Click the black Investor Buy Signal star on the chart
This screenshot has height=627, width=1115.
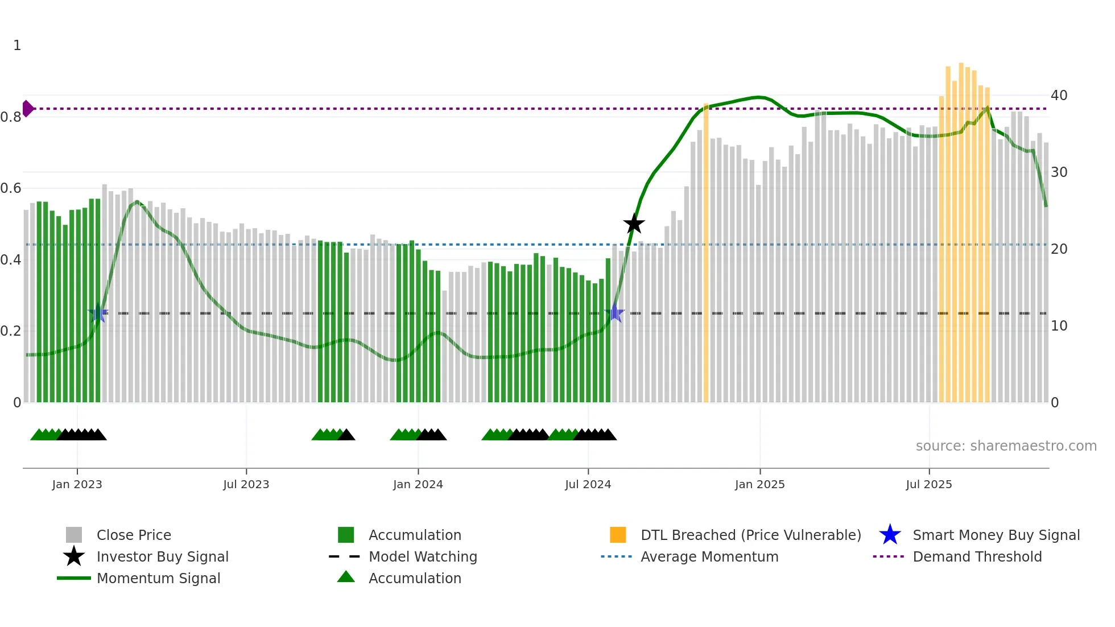click(x=634, y=224)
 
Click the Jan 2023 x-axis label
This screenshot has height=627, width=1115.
click(x=77, y=484)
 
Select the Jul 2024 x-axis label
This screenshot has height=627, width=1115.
click(x=588, y=484)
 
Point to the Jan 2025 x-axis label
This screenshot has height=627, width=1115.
click(x=759, y=484)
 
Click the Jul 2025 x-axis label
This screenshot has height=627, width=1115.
click(x=928, y=484)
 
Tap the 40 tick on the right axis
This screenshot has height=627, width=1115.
click(x=1059, y=95)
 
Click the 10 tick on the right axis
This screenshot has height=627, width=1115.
click(x=1059, y=326)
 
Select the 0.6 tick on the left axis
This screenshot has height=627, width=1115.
click(x=11, y=188)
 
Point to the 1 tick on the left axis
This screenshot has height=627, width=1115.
click(x=17, y=46)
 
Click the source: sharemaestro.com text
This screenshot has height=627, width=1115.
click(x=1006, y=446)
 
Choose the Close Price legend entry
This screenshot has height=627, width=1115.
click(x=134, y=535)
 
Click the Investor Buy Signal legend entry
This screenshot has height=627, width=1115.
click(x=162, y=556)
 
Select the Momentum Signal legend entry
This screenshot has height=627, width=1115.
click(x=158, y=578)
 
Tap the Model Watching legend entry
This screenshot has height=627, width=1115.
click(x=423, y=556)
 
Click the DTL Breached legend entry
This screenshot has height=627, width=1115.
click(x=750, y=535)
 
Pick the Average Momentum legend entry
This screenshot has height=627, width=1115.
click(x=709, y=556)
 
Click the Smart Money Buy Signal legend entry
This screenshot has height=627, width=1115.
click(x=996, y=535)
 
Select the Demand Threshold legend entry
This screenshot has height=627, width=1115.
click(x=977, y=556)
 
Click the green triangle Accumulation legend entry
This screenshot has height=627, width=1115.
click(x=415, y=578)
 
